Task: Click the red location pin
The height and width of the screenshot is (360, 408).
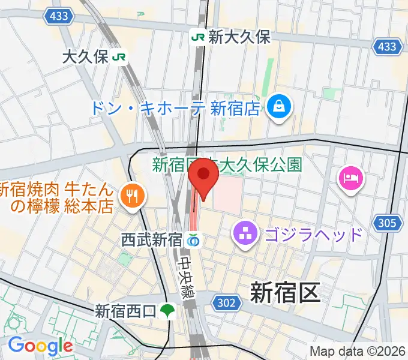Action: point(203,176)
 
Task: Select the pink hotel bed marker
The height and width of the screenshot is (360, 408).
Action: point(351,178)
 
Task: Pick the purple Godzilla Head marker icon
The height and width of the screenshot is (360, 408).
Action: point(245,233)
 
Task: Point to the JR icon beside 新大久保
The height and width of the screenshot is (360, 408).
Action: point(197,37)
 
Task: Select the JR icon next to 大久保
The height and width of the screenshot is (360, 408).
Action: point(120,57)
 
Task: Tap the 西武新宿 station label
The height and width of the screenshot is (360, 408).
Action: point(151,241)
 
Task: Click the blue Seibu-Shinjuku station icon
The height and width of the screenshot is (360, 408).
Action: point(193,241)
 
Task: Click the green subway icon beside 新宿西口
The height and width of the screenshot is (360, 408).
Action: point(169,311)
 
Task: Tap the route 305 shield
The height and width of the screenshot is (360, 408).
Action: point(387,224)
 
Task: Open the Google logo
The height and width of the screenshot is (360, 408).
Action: point(40,345)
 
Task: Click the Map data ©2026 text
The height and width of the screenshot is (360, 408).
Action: point(358,352)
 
